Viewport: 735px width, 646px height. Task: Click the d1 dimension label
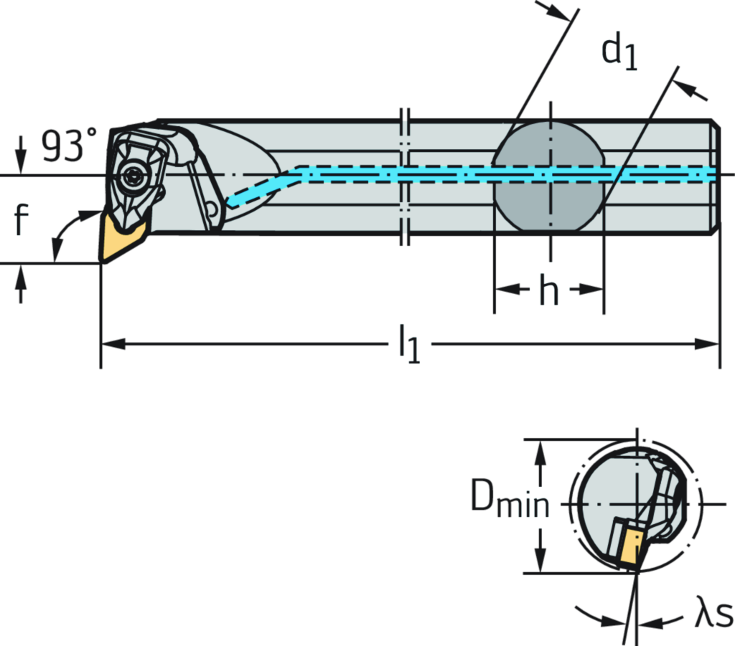(x=620, y=52)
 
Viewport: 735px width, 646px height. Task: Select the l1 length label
(x=409, y=344)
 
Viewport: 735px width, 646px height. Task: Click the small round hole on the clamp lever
(x=210, y=209)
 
